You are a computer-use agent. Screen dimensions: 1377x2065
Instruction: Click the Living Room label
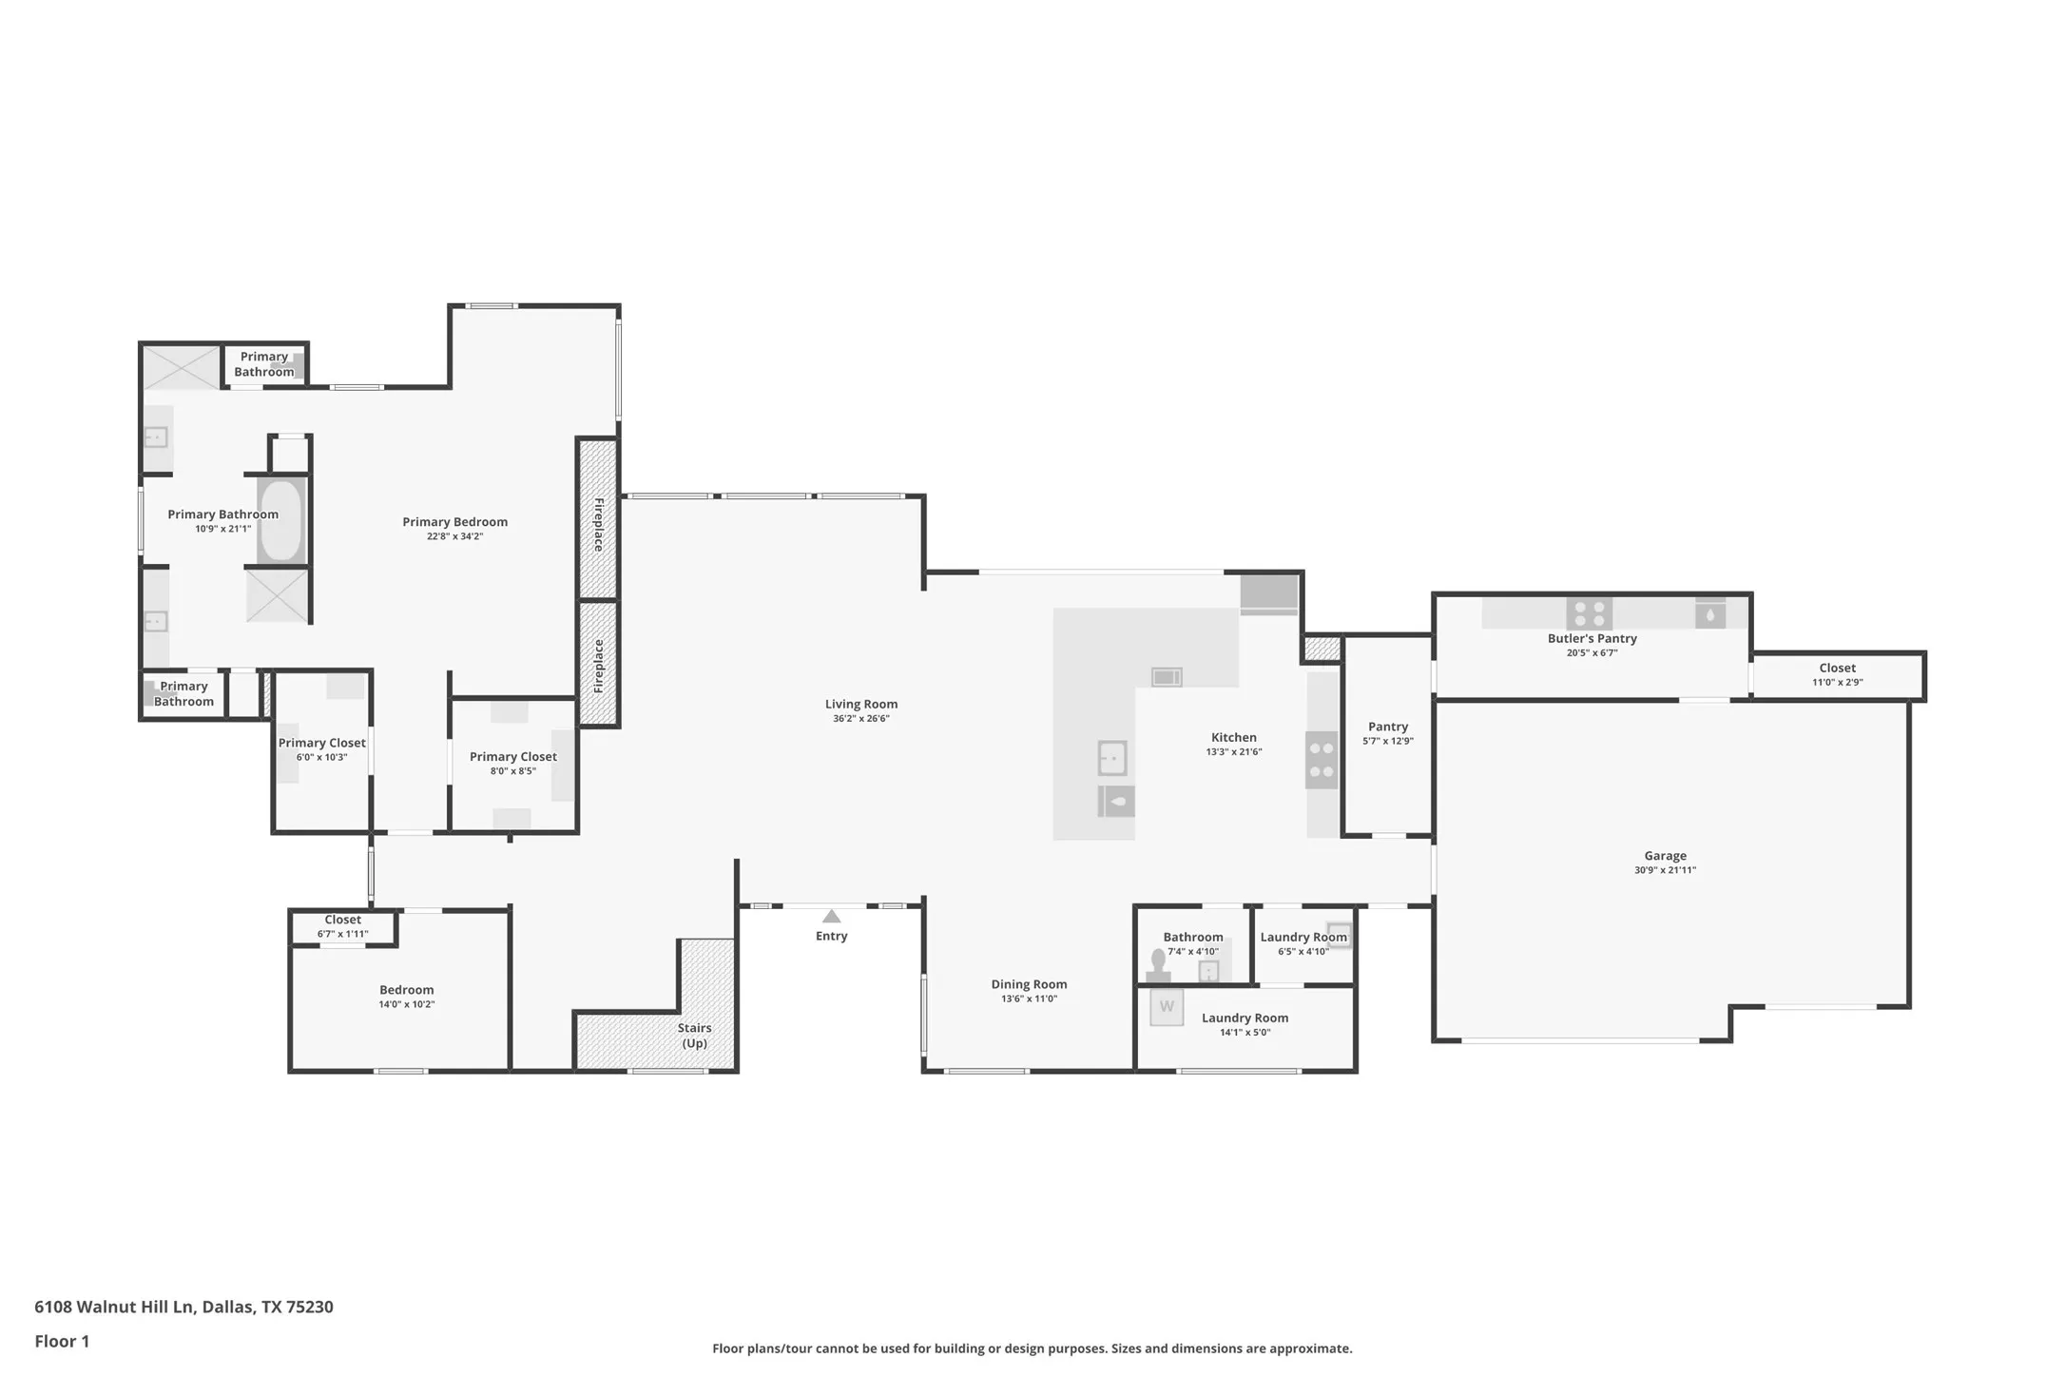coord(860,704)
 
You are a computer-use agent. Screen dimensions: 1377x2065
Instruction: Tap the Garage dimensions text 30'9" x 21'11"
coord(1665,870)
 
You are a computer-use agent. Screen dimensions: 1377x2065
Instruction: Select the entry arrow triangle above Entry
coord(832,917)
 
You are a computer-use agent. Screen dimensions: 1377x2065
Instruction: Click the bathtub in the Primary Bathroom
coord(280,521)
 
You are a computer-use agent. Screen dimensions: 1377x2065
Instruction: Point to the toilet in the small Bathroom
coord(1158,963)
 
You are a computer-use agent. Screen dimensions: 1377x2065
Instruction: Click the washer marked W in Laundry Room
coord(1167,1007)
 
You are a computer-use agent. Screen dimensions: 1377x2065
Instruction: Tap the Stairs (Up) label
coord(695,1036)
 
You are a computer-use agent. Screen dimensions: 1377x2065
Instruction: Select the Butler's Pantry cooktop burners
coord(1589,612)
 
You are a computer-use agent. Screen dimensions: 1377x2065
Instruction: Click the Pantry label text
coord(1388,727)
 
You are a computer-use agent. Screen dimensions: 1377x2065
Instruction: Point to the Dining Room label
coord(1029,984)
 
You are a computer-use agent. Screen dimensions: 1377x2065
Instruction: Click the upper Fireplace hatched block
coord(598,519)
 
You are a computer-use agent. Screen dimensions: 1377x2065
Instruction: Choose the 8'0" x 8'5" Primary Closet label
coord(513,764)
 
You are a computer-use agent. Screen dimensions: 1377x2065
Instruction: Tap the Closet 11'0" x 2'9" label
coord(1837,674)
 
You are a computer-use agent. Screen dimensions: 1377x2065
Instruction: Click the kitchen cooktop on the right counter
coord(1321,760)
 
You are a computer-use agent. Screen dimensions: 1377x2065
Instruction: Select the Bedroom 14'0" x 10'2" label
coord(407,997)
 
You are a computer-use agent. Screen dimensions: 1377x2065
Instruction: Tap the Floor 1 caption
coord(62,1342)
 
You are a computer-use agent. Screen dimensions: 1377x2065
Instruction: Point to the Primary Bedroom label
coord(454,521)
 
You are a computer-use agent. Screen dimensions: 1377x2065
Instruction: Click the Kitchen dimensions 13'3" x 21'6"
coord(1233,752)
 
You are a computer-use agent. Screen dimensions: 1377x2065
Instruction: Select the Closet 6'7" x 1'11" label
coord(342,926)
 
